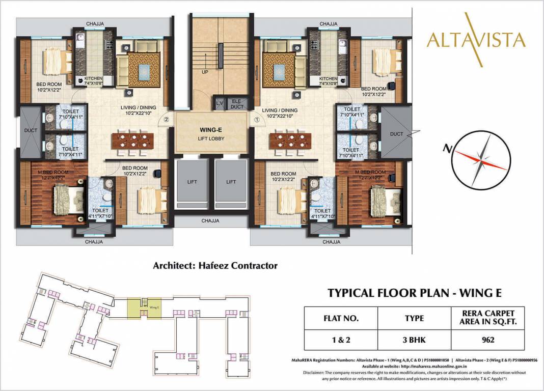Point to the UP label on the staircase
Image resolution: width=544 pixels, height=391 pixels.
tap(205, 72)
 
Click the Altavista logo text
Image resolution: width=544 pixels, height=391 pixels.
tap(476, 39)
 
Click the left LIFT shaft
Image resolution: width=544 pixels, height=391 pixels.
tap(192, 182)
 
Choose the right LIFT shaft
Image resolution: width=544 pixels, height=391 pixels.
tap(231, 182)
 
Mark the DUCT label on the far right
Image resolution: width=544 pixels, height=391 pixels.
tap(397, 134)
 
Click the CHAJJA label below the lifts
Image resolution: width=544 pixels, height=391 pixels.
tap(210, 220)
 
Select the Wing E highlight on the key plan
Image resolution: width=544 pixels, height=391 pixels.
tap(153, 307)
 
